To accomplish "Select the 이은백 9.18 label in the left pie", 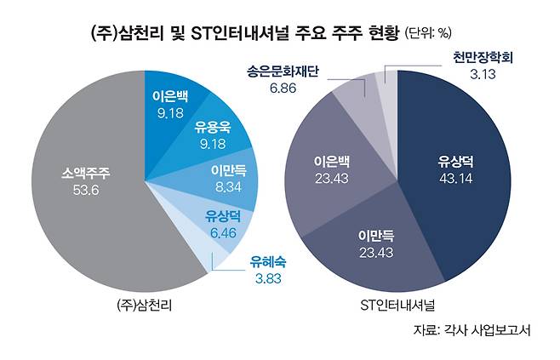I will [171, 100].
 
